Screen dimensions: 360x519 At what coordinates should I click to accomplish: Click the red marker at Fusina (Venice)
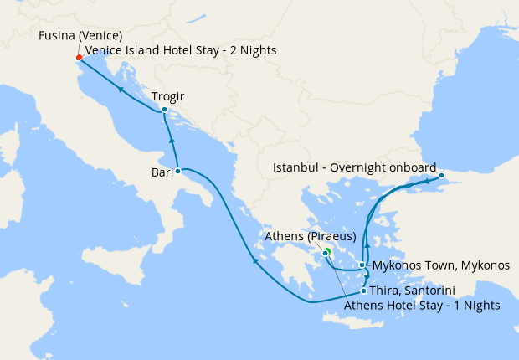tap(79, 58)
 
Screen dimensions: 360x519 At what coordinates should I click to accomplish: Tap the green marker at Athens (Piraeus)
tap(326, 251)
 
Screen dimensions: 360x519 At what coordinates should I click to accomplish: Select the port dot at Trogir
tap(164, 110)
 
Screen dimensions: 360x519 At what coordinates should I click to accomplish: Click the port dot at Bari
tap(177, 171)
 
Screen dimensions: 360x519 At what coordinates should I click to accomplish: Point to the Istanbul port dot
tap(441, 176)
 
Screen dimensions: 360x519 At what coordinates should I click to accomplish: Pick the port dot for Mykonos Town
tap(362, 265)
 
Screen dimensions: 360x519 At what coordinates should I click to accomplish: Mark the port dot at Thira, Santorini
tap(363, 291)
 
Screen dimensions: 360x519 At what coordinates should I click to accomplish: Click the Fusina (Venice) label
tap(80, 36)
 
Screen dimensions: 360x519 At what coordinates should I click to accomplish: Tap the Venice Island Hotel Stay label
tap(180, 51)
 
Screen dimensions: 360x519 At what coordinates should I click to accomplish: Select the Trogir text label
tap(168, 95)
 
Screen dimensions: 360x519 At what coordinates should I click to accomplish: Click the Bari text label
tap(162, 173)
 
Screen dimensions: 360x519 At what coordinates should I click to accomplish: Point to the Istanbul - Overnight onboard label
tap(355, 168)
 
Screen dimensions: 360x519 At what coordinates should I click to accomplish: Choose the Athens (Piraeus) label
tap(311, 236)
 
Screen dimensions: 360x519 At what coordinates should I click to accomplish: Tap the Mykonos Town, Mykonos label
tap(440, 265)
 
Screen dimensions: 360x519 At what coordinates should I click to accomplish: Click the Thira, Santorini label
tap(412, 291)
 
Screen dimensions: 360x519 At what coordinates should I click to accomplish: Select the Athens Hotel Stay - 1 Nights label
tap(422, 306)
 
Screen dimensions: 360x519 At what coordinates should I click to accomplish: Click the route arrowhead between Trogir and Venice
tap(121, 88)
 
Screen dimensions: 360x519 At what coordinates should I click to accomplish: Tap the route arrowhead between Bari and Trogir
tap(171, 139)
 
